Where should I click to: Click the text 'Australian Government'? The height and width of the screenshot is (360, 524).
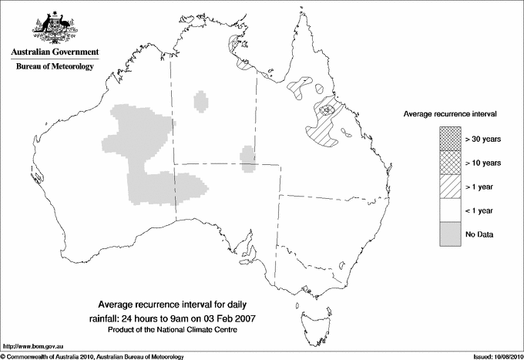(x=55, y=52)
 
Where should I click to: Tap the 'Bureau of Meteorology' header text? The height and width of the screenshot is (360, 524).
(x=55, y=66)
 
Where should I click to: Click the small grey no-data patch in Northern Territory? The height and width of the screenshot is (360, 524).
(x=202, y=101)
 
